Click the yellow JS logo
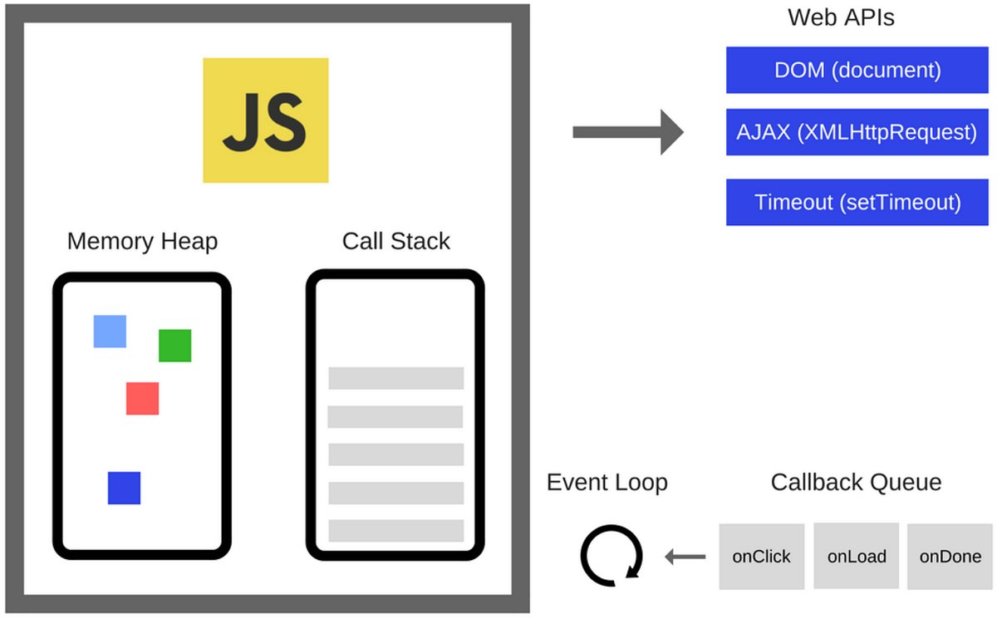[266, 120]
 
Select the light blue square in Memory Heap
[110, 331]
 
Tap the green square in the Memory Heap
[174, 346]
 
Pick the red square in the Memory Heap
[142, 398]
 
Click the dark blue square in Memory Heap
[124, 488]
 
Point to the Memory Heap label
[142, 242]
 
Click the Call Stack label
[395, 242]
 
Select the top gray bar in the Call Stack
[395, 378]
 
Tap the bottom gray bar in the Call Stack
[395, 531]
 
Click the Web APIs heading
[841, 17]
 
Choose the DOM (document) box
[857, 70]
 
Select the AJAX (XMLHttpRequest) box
[857, 132]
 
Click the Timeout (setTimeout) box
[857, 202]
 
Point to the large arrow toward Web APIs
[627, 132]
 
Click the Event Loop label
[607, 483]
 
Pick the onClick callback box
[761, 557]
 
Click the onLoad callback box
[856, 557]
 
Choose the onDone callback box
[950, 557]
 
